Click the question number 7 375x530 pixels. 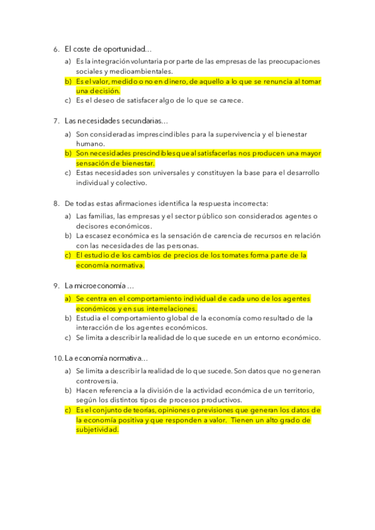pos(56,121)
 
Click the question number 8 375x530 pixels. pos(56,203)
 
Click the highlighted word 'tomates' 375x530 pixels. pos(238,256)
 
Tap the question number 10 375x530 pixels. pos(57,358)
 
